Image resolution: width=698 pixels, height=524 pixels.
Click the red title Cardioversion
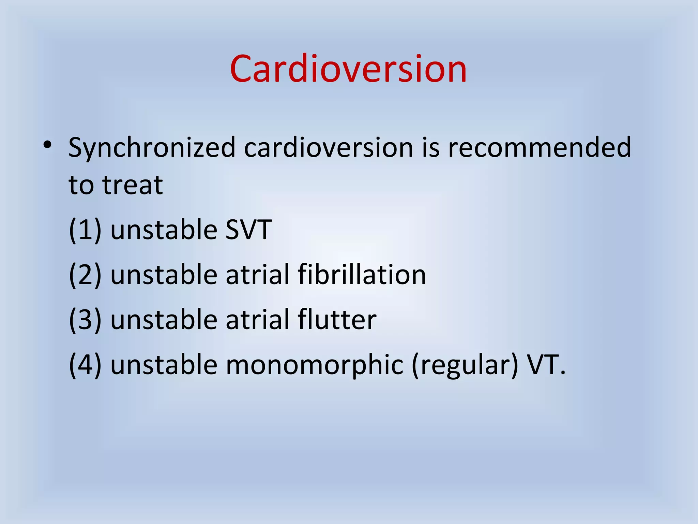point(348,69)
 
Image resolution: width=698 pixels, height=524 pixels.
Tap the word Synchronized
point(152,148)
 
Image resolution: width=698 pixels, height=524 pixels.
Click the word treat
point(133,185)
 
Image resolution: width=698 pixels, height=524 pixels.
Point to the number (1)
point(85,230)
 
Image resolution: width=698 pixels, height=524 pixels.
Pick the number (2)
point(85,275)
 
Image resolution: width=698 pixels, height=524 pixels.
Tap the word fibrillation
point(362,275)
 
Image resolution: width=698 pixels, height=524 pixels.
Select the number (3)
point(85,320)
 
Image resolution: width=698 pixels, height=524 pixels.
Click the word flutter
point(337,320)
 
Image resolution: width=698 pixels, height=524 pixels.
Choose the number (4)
point(85,365)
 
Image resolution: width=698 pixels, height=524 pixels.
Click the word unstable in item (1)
point(164,230)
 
